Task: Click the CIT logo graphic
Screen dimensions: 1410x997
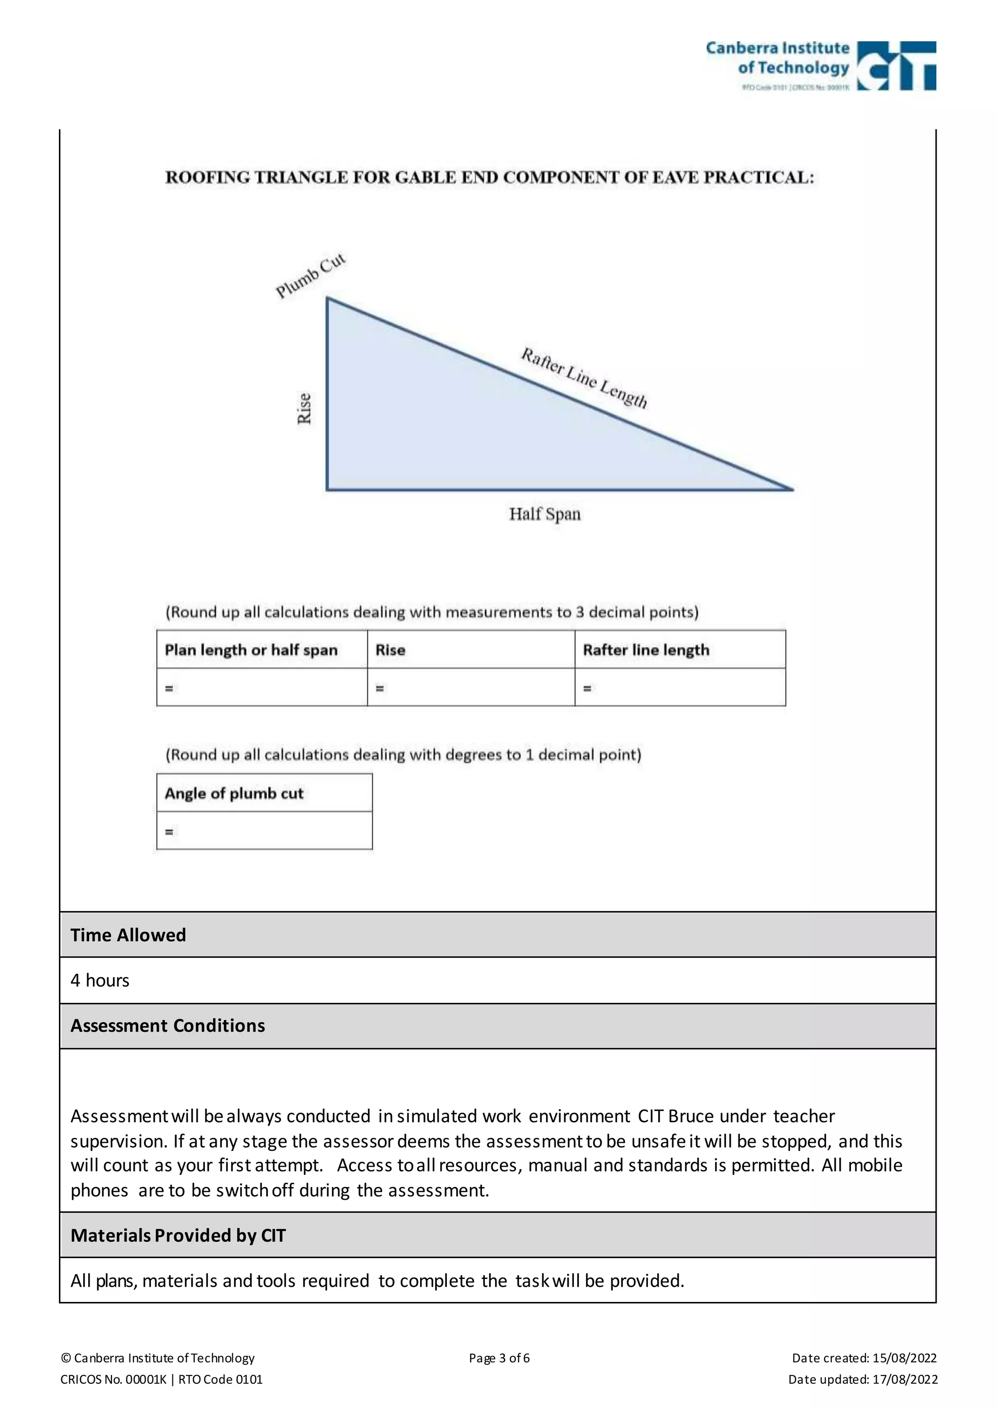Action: [x=896, y=66]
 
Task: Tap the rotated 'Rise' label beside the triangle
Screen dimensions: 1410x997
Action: [x=304, y=408]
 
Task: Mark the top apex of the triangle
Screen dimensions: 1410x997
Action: [x=328, y=299]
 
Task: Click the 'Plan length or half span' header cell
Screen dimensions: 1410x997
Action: [x=251, y=649]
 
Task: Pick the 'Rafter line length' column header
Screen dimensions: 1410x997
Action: [x=646, y=649]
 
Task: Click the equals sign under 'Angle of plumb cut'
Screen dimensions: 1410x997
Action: [x=169, y=832]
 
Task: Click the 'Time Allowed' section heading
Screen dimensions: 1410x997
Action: [x=128, y=935]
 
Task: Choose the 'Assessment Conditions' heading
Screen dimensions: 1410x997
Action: [x=167, y=1025]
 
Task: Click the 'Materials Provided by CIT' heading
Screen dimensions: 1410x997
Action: [x=178, y=1235]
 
